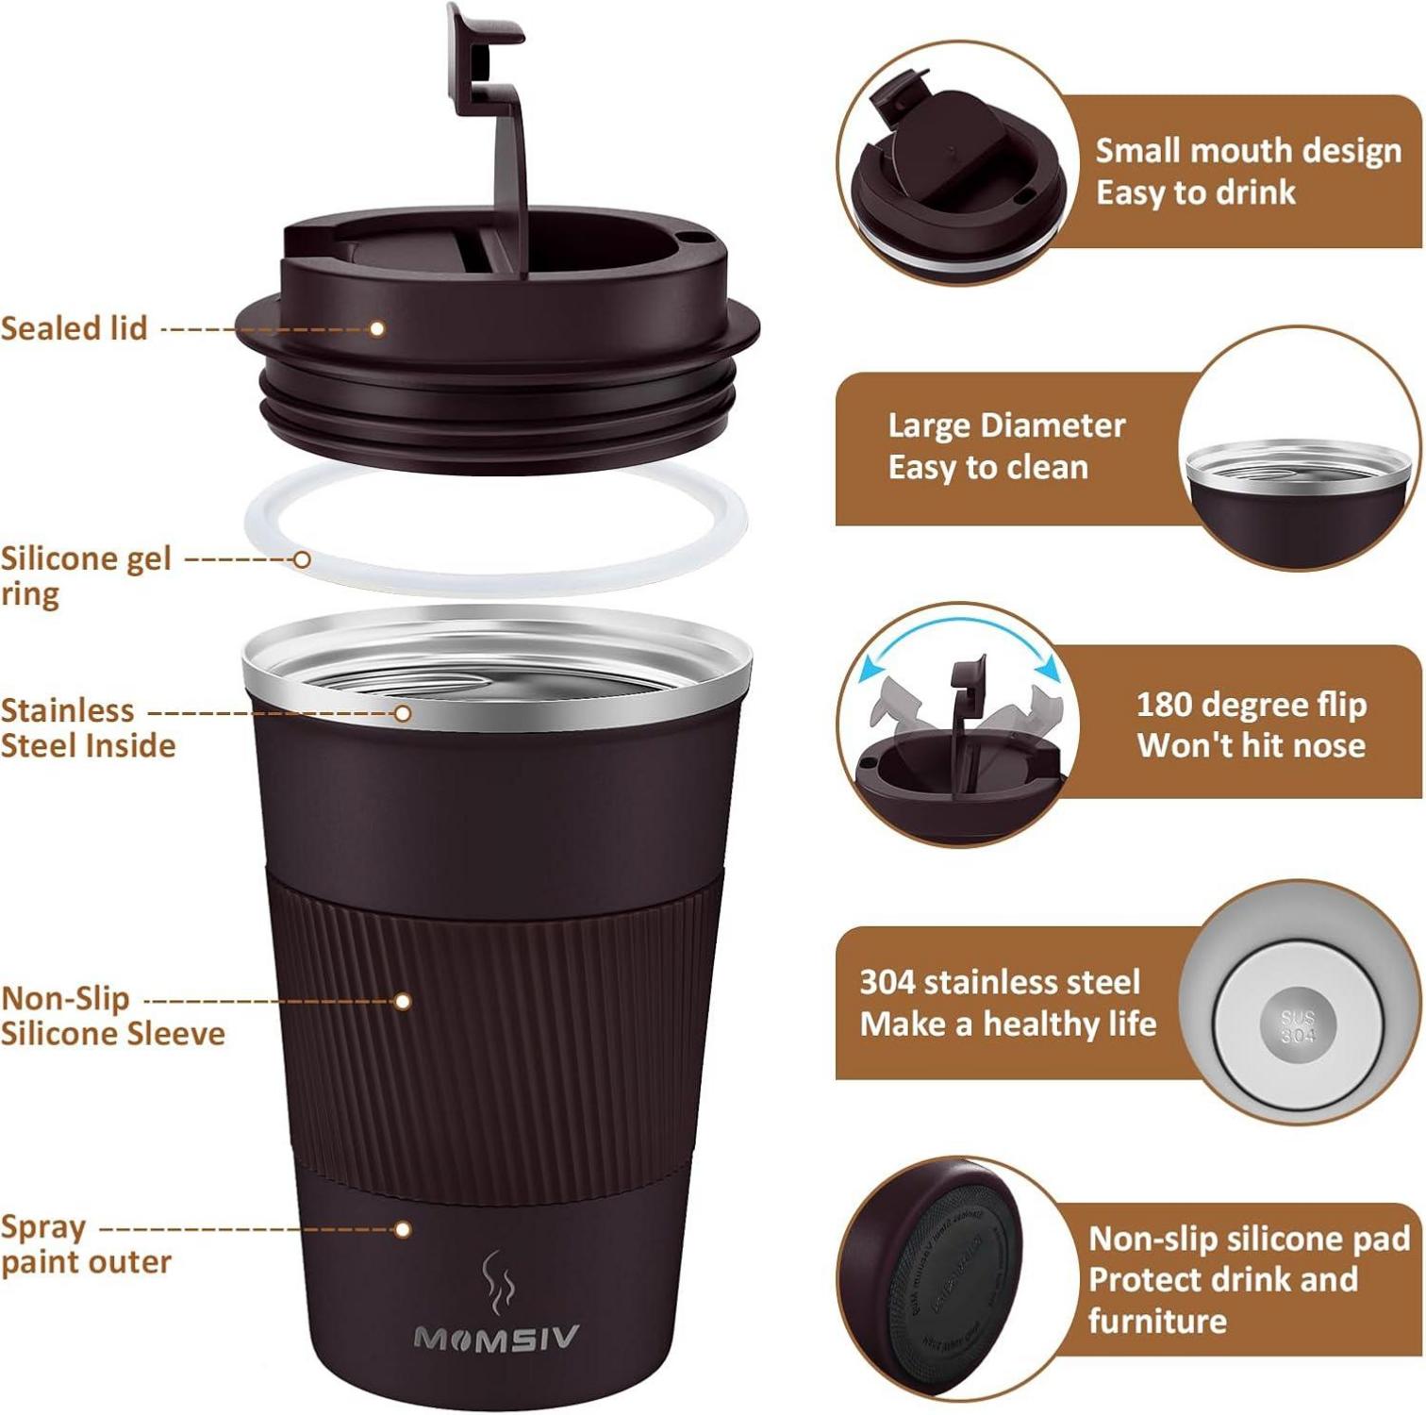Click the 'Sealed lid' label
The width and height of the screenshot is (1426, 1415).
coord(75,328)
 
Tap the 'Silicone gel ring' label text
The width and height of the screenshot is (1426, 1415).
coord(85,575)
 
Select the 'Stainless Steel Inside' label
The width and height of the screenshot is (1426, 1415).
coord(88,727)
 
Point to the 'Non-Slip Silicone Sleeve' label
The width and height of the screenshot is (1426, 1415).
coord(111,1016)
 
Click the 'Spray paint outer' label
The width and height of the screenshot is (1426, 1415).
coord(85,1244)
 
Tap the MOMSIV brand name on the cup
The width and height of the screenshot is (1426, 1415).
coord(496,1338)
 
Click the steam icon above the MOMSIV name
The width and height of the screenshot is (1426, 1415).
coord(497,1283)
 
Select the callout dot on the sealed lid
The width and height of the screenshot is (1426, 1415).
coord(376,328)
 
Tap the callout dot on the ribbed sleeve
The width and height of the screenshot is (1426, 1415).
coord(403,1001)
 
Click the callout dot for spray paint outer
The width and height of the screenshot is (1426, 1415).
coord(403,1229)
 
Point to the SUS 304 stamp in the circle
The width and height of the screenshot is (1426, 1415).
coord(1298,1026)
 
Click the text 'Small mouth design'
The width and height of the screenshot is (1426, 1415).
coord(1248,151)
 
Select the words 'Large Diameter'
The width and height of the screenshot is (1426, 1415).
coord(1006,425)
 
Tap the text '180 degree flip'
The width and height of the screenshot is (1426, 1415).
coord(1251,705)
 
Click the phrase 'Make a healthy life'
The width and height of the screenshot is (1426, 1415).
coord(1007,1024)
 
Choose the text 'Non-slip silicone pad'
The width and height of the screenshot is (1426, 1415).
coord(1249,1238)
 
